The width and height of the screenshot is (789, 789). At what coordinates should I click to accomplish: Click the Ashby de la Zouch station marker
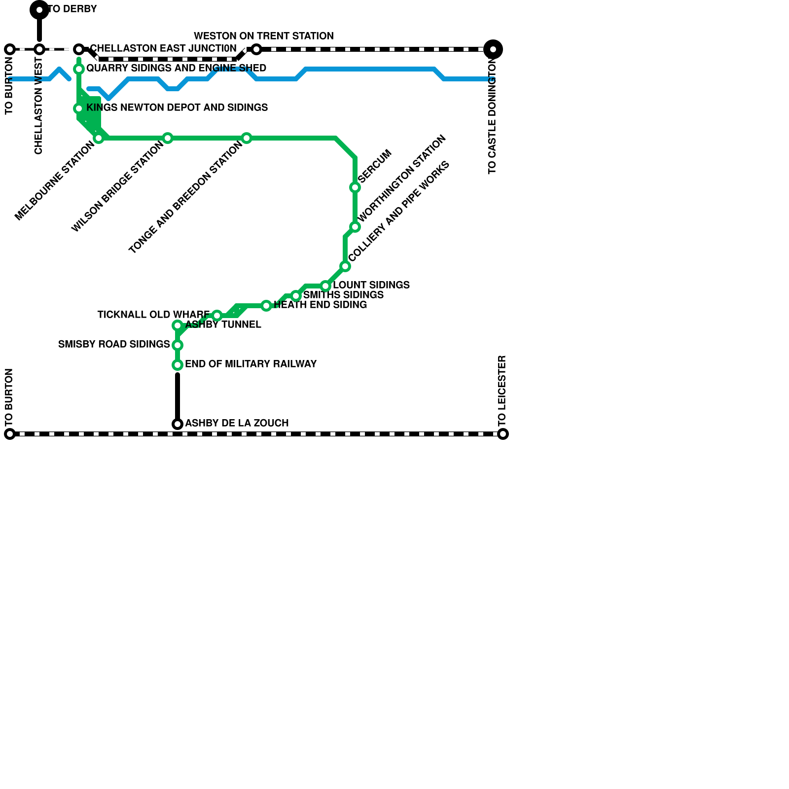coord(178,424)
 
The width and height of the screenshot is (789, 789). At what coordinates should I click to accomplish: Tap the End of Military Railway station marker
coord(178,365)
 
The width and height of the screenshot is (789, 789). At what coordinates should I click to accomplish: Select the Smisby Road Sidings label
coord(114,344)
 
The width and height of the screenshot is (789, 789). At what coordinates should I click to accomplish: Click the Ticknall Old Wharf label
coord(153,315)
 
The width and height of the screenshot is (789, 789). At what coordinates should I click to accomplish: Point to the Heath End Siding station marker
coord(266,306)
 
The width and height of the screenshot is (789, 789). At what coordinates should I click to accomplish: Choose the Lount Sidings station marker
coord(325,286)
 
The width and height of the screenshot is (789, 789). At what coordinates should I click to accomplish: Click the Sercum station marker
coord(355,187)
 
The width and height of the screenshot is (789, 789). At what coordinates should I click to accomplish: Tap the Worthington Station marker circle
coord(355,227)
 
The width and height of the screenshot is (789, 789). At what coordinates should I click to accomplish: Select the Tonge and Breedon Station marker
coord(247,138)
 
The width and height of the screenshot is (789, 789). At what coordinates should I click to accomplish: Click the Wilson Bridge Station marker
coord(168,138)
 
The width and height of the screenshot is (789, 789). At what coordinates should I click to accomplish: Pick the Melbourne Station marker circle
coord(99,138)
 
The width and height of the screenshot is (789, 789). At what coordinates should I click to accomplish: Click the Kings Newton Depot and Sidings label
coord(177,108)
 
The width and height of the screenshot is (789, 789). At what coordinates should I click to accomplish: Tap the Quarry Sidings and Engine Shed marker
coord(79,69)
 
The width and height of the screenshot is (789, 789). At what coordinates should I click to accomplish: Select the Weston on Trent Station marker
coord(256,49)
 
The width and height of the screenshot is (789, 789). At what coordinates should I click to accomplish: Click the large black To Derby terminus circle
coord(39,10)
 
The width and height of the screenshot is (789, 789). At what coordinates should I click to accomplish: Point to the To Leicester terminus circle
coord(503,434)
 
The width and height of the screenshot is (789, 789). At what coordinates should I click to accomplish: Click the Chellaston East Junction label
coord(163,48)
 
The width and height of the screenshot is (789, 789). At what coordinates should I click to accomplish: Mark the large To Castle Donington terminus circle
coord(493,49)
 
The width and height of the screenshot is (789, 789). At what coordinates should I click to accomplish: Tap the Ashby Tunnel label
coord(223,324)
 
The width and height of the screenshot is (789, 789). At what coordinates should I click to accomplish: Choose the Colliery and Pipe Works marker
coord(345,266)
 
